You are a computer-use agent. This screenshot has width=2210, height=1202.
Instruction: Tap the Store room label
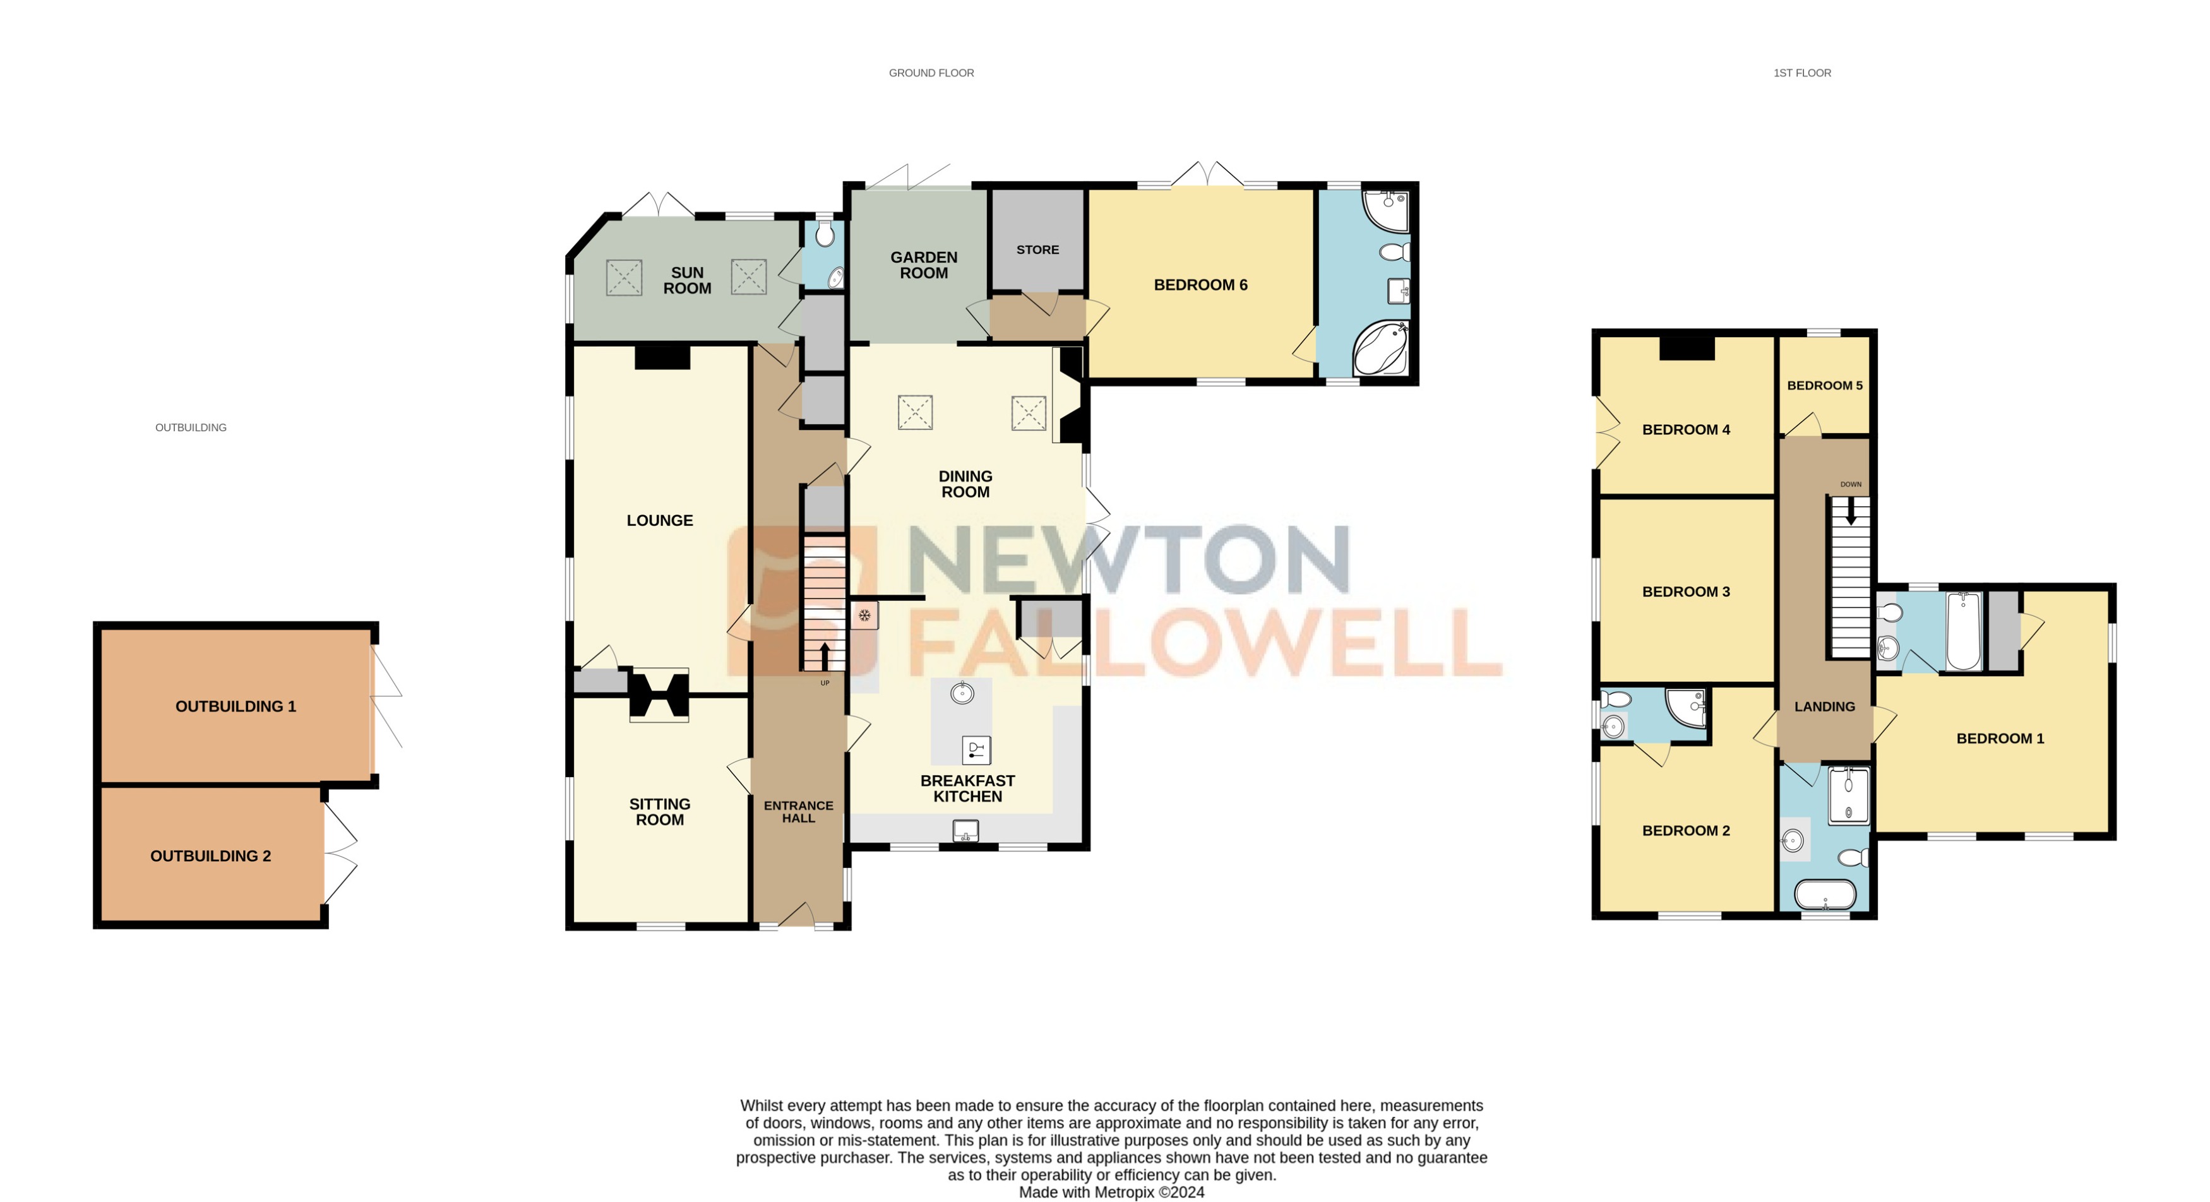1037,249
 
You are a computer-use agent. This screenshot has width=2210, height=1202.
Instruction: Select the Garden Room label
923,265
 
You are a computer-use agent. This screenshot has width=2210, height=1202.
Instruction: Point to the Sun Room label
686,280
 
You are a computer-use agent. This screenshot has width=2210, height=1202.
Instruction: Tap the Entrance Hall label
798,812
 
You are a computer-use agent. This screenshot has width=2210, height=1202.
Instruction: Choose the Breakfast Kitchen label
967,788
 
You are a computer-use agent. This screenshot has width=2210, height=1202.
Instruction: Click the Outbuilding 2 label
210,856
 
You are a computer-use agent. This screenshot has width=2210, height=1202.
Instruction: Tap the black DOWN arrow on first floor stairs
1851,511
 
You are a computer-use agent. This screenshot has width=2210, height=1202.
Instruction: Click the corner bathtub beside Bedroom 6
1380,349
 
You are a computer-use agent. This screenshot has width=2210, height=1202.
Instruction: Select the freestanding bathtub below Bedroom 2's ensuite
1825,895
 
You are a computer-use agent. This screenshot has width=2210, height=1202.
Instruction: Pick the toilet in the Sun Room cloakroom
825,234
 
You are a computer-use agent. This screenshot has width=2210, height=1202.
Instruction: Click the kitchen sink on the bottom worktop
966,831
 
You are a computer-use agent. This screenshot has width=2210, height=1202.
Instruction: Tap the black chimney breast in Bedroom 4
1686,348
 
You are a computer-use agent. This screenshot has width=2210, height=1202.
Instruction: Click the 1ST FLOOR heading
1801,74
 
